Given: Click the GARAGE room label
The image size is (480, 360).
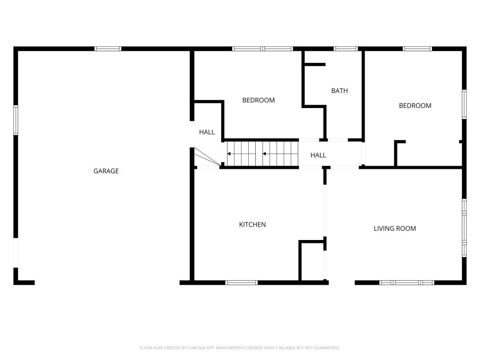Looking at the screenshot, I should click(106, 171).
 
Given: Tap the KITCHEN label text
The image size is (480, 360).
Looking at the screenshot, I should click(252, 225).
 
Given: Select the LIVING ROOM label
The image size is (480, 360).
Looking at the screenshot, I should click(395, 228).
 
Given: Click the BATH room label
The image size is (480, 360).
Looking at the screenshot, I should click(339, 91).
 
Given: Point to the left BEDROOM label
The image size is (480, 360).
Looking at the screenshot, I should click(258, 100).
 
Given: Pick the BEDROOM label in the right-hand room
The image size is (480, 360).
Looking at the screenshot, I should click(415, 106).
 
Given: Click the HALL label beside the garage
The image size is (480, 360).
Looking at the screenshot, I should click(207, 132).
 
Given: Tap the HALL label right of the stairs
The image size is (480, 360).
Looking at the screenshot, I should click(318, 155).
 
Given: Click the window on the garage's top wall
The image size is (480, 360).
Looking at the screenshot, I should click(108, 48).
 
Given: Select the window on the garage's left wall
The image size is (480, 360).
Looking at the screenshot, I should click(16, 120).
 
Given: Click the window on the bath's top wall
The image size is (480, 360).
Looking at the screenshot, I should click(346, 48).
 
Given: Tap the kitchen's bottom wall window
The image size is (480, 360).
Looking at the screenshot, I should click(241, 282).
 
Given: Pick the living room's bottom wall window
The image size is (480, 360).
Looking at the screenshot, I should click(407, 282).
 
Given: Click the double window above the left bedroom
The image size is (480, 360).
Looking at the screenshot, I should click(262, 48).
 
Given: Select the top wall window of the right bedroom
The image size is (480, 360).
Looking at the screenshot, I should click(417, 48).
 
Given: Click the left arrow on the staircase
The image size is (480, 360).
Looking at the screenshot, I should click(229, 154).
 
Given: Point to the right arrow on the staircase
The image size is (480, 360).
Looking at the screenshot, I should click(265, 154).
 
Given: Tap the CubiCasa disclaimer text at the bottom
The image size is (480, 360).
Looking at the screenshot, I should click(240, 348).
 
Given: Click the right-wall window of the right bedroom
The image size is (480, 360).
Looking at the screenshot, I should click(464, 104).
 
